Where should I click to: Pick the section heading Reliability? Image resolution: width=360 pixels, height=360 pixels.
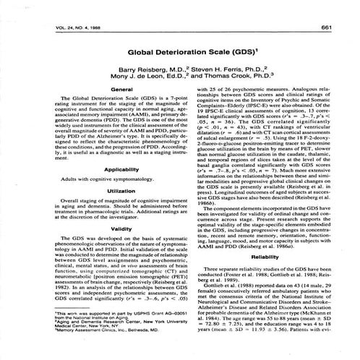point(267,235)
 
